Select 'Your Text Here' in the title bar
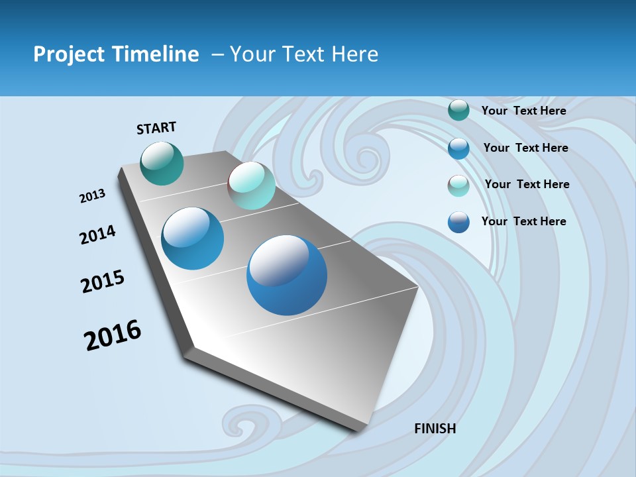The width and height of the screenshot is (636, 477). click(303, 54)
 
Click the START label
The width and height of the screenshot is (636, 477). click(156, 128)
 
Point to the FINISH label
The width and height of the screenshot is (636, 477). click(435, 429)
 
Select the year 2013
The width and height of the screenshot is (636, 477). click(92, 196)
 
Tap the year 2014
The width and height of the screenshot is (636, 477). click(97, 235)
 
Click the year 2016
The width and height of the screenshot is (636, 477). click(112, 335)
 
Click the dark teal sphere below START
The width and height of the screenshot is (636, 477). click(162, 163)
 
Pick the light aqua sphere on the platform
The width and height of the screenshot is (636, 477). click(251, 185)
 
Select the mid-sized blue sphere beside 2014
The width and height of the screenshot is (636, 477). click(192, 238)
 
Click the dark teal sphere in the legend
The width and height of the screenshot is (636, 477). click(458, 111)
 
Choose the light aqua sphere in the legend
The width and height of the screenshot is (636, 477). click(458, 185)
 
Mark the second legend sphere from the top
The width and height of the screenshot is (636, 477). click(458, 148)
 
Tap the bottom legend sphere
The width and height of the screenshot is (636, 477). click(458, 222)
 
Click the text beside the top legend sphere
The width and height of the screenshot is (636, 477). click(523, 111)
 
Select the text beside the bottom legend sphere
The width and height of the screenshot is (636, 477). click(523, 221)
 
